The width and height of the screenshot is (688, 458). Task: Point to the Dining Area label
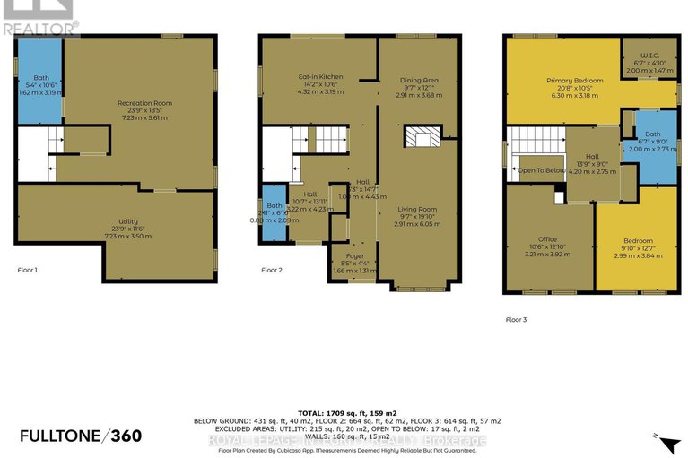[418, 86]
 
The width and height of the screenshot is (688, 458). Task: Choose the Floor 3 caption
[518, 319]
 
